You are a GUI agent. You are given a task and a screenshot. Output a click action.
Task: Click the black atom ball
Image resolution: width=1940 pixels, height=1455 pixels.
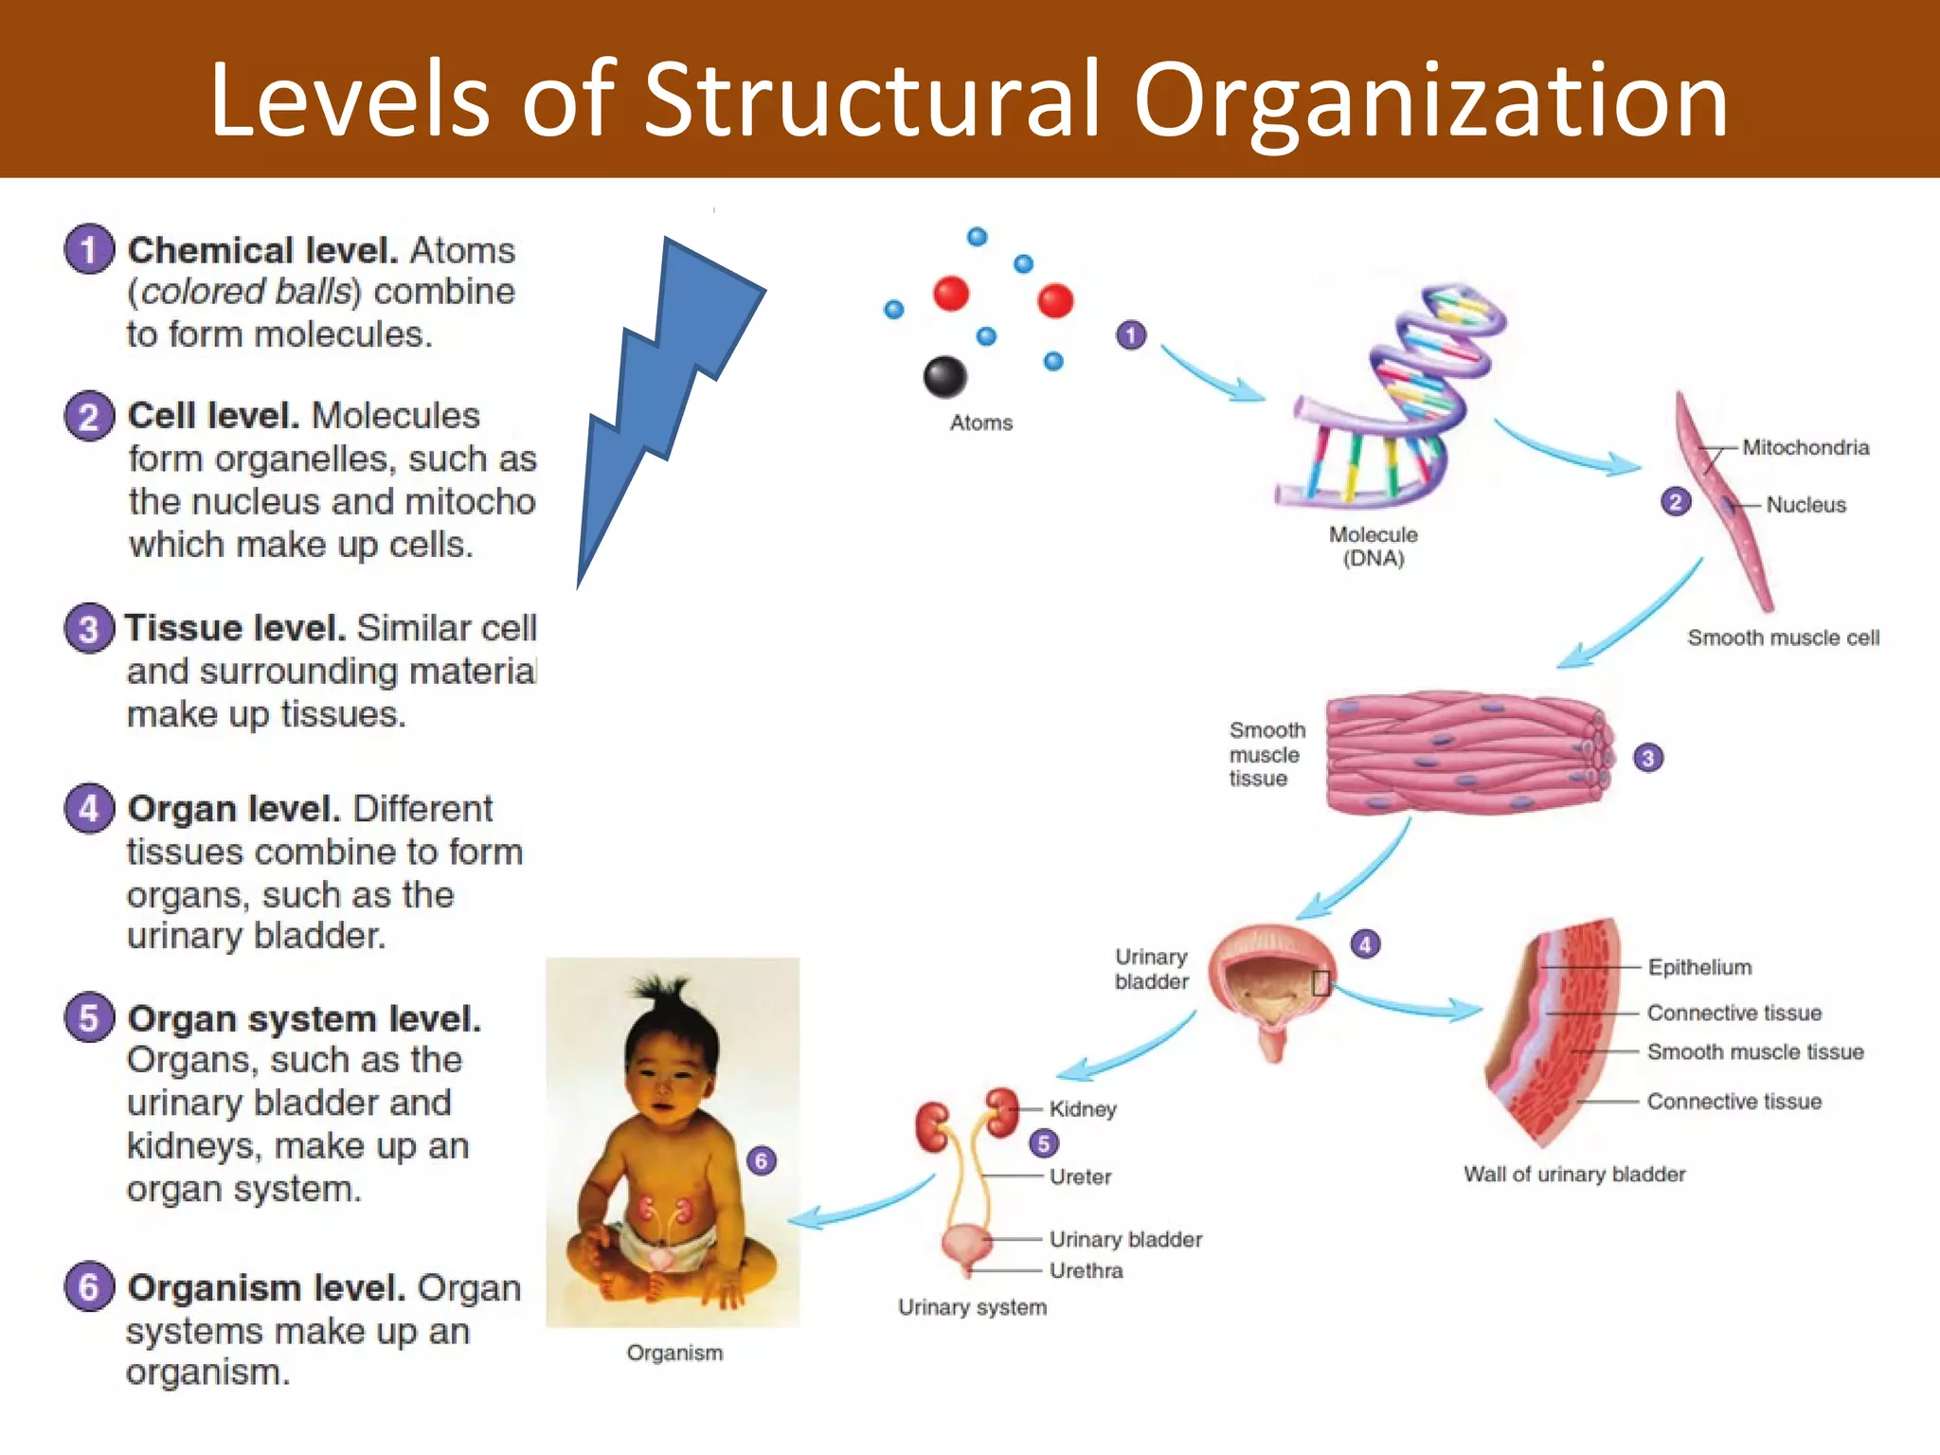[944, 377]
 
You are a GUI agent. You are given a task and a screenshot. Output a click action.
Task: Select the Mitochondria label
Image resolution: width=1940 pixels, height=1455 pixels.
[1805, 447]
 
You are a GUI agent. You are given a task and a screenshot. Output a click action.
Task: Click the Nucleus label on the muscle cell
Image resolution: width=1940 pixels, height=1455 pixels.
[1805, 505]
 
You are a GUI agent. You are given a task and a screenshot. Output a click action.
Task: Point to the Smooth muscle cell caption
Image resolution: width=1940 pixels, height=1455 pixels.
[1783, 638]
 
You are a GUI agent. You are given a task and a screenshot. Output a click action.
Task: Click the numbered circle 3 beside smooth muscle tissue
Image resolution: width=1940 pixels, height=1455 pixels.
[1648, 758]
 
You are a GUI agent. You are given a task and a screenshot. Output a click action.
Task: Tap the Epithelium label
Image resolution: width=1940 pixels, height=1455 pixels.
[1699, 967]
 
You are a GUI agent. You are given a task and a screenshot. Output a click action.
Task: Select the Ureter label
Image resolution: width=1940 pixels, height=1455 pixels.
[1080, 1177]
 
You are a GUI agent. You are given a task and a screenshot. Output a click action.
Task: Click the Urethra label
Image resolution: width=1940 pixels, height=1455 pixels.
[1086, 1270]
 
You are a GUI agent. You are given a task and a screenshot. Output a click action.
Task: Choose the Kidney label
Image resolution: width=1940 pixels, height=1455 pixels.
[1083, 1108]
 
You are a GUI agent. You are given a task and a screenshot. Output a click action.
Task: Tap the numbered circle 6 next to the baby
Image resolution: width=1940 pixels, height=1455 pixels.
[761, 1160]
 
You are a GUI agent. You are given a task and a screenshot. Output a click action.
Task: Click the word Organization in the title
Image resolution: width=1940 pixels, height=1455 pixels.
[1430, 99]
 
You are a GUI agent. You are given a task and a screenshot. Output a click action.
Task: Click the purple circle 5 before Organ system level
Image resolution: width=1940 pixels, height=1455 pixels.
[89, 1018]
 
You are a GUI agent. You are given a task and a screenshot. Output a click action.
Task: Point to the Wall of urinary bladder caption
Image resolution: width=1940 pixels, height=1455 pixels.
[1573, 1174]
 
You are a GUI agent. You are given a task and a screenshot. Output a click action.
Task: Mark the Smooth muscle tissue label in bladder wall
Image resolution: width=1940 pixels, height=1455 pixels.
[1754, 1051]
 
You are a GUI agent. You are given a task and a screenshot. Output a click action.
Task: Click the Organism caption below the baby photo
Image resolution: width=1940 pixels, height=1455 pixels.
[674, 1353]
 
